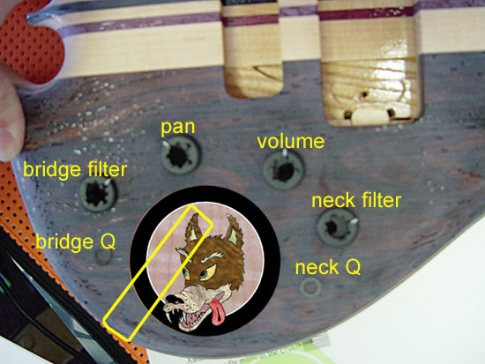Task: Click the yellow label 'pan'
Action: (x=177, y=128)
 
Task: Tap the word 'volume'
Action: (x=291, y=141)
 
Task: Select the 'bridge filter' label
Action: (x=75, y=169)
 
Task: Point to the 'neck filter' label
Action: (x=356, y=200)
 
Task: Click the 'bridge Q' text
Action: (x=76, y=241)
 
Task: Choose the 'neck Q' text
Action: (x=328, y=267)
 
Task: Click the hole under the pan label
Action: (x=180, y=154)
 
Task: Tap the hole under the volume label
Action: (x=284, y=170)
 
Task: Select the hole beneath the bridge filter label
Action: (x=98, y=193)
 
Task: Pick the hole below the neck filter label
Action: (x=337, y=227)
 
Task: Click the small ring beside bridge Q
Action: (x=103, y=256)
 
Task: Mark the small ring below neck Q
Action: (x=310, y=286)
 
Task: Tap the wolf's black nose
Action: (x=174, y=299)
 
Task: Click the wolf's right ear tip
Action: (x=230, y=215)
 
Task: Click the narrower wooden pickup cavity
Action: (x=252, y=48)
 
